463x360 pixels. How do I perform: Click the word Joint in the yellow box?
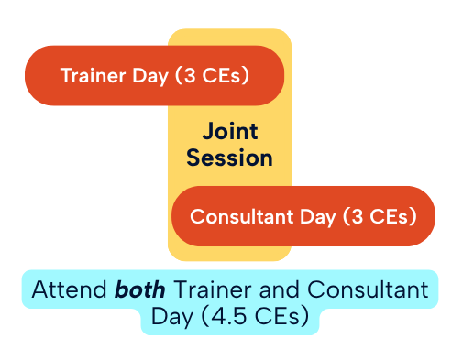pyautogui.click(x=229, y=130)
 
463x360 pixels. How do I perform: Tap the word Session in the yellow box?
pyautogui.click(x=229, y=158)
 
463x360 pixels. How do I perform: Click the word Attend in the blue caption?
pyautogui.click(x=69, y=290)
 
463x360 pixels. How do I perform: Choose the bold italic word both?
pyautogui.click(x=139, y=290)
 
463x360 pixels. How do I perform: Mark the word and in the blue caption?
pyautogui.click(x=278, y=290)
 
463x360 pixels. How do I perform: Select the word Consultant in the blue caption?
pyautogui.click(x=368, y=290)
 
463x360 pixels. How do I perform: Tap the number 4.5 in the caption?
pyautogui.click(x=216, y=318)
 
